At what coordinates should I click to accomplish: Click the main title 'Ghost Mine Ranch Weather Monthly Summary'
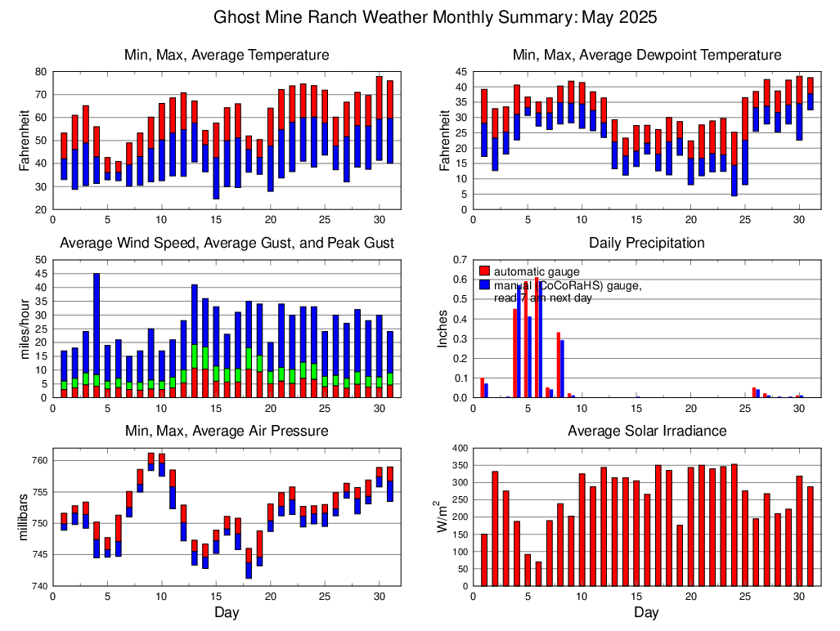click(x=435, y=17)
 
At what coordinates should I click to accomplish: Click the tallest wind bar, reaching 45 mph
click(x=97, y=335)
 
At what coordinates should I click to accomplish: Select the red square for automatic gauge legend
click(x=484, y=271)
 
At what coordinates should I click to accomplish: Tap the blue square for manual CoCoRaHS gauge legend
click(x=484, y=284)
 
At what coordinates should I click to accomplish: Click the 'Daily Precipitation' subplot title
click(x=646, y=243)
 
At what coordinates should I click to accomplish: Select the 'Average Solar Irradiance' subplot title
click(x=646, y=431)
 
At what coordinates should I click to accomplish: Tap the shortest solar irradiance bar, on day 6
click(x=538, y=574)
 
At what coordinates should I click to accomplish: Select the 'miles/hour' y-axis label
click(x=25, y=329)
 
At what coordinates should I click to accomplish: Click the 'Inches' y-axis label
click(x=442, y=329)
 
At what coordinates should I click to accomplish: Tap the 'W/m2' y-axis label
click(x=442, y=517)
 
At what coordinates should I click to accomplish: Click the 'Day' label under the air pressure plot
click(x=227, y=612)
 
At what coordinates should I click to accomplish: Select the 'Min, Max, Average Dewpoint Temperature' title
click(x=646, y=55)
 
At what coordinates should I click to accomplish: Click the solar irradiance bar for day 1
click(x=484, y=560)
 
